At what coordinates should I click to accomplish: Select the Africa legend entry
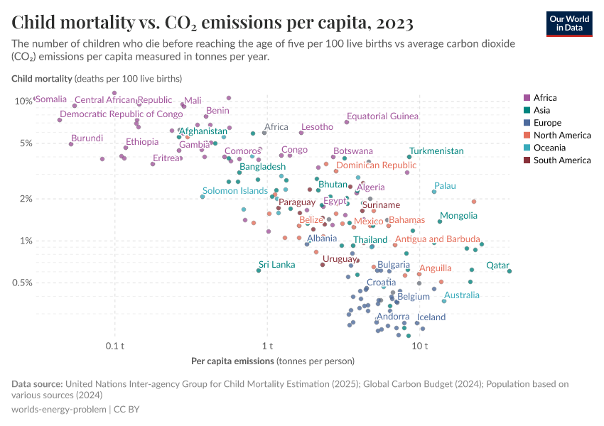pyautogui.click(x=545, y=98)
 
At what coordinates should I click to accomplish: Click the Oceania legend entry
pyautogui.click(x=549, y=148)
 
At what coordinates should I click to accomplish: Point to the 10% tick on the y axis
pyautogui.click(x=23, y=101)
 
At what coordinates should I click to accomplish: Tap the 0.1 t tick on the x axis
pyautogui.click(x=114, y=346)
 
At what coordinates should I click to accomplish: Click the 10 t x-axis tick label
pyautogui.click(x=419, y=346)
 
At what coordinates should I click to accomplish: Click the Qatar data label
pyautogui.click(x=497, y=266)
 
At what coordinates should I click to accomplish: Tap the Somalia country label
pyautogui.click(x=51, y=99)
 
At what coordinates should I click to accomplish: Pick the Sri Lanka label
pyautogui.click(x=276, y=265)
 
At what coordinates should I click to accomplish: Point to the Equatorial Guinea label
pyautogui.click(x=382, y=116)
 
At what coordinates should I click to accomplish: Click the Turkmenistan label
pyautogui.click(x=436, y=151)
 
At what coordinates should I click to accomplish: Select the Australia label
pyautogui.click(x=461, y=295)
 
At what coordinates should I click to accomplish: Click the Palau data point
pyautogui.click(x=434, y=192)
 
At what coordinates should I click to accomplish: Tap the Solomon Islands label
pyautogui.click(x=235, y=191)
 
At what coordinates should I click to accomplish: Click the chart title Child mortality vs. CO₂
pyautogui.click(x=212, y=23)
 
